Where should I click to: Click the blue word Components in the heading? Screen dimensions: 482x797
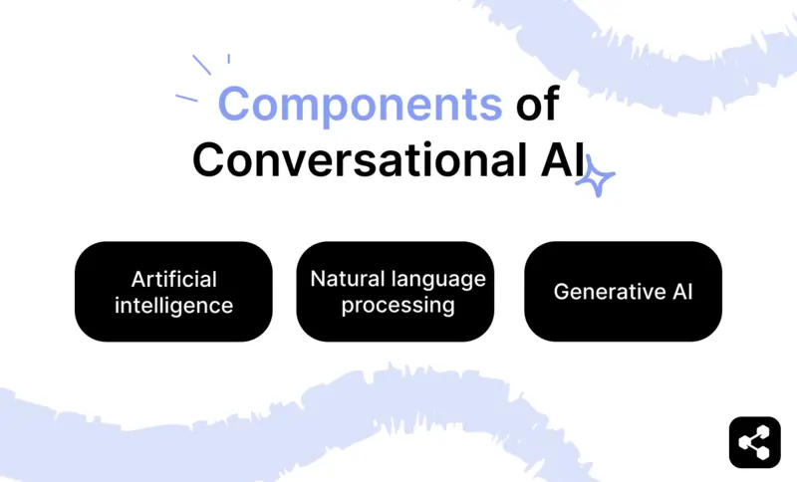click(360, 104)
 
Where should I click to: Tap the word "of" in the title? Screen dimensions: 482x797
click(537, 104)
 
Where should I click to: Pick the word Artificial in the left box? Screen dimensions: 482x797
click(173, 279)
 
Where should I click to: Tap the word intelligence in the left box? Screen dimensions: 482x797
click(173, 305)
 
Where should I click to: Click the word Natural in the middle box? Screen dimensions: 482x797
click(345, 279)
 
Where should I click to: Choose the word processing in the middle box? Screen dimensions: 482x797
click(398, 305)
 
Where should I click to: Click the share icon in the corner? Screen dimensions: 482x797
click(754, 441)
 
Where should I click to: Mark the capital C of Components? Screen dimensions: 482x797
click(234, 104)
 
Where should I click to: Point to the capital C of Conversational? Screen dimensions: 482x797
click(210, 159)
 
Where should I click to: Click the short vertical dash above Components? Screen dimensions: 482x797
click(228, 59)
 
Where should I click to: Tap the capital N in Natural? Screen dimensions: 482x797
click(318, 279)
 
